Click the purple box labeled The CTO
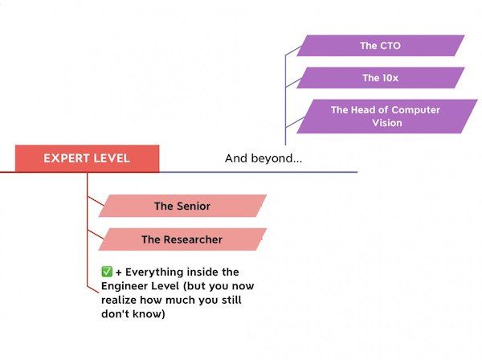(381, 46)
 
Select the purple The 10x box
(381, 78)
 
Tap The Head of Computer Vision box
(387, 117)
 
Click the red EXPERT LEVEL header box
(87, 158)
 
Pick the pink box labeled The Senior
(182, 206)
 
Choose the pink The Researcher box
(182, 239)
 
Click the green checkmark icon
(107, 272)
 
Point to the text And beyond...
(263, 158)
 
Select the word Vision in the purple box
(387, 123)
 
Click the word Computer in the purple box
(416, 110)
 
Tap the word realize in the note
(119, 300)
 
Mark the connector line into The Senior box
(96, 201)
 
